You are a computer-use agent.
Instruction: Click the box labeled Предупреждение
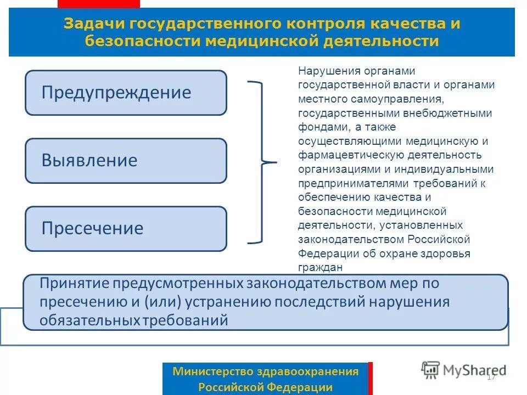point(126,93)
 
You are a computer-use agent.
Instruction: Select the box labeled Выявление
point(126,161)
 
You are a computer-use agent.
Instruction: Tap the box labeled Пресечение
point(126,229)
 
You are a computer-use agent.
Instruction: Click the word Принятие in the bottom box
point(75,284)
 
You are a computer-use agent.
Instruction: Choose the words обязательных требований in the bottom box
point(133,320)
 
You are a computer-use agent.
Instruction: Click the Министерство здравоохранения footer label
point(265,371)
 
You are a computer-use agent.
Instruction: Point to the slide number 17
point(491,377)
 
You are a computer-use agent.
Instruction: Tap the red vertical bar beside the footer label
point(371,378)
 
